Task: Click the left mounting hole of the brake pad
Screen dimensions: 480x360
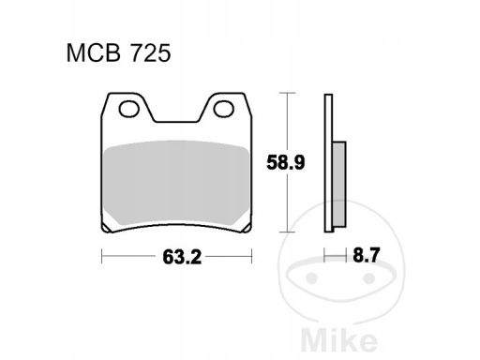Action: (128, 109)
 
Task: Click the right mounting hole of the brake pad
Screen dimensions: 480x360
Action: (224, 109)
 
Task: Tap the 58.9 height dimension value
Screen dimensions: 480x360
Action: (285, 163)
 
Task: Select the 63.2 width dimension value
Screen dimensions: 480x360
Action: (182, 258)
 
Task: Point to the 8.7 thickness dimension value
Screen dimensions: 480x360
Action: (366, 255)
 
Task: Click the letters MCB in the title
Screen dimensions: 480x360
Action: (94, 53)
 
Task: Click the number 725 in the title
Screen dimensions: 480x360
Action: (151, 53)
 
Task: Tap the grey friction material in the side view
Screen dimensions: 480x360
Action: (339, 184)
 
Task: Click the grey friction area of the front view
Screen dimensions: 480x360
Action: (177, 183)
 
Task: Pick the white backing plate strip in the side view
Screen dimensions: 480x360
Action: (328, 163)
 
